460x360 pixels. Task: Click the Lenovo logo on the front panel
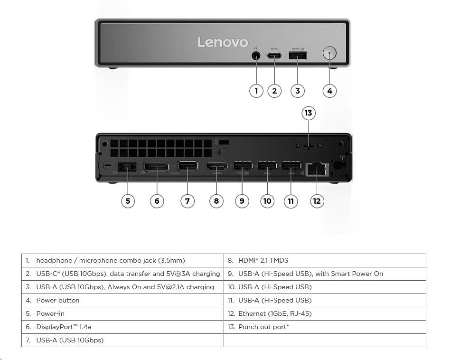click(223, 42)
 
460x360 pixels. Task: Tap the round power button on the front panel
click(329, 53)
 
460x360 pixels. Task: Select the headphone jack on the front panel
click(256, 56)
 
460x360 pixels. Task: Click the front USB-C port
click(274, 56)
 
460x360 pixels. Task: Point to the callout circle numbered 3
click(298, 91)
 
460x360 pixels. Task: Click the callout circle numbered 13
click(309, 113)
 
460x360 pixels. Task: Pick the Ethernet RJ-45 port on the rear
click(317, 169)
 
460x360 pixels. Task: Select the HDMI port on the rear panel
click(216, 167)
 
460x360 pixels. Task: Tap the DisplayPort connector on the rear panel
click(156, 167)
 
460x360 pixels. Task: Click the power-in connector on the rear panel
click(127, 167)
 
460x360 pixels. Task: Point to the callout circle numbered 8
click(216, 201)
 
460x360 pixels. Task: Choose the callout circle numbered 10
click(267, 201)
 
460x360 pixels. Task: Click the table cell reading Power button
click(58, 301)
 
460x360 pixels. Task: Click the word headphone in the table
click(54, 261)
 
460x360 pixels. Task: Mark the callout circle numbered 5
click(128, 201)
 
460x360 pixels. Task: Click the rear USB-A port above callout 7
click(188, 166)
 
